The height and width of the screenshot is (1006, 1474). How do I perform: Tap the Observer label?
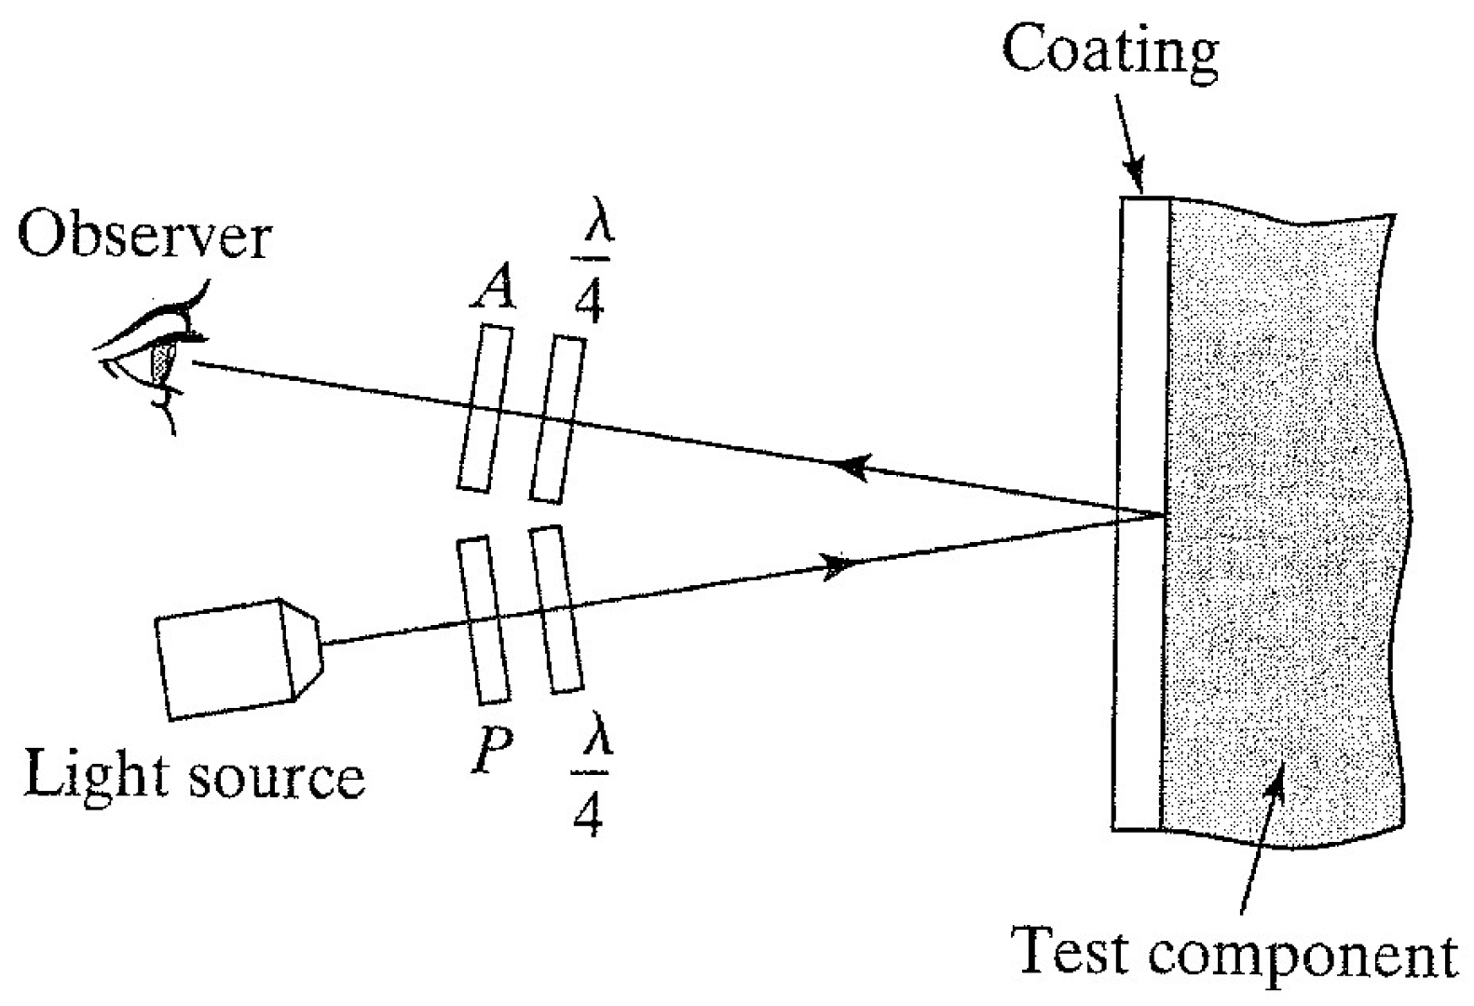[144, 237]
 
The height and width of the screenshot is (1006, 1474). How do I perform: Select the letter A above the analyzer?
[492, 290]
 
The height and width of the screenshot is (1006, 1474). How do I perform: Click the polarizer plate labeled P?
[484, 619]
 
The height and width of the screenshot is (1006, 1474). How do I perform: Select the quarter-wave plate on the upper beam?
[558, 419]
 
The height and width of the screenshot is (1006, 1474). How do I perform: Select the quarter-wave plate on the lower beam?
[555, 610]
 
